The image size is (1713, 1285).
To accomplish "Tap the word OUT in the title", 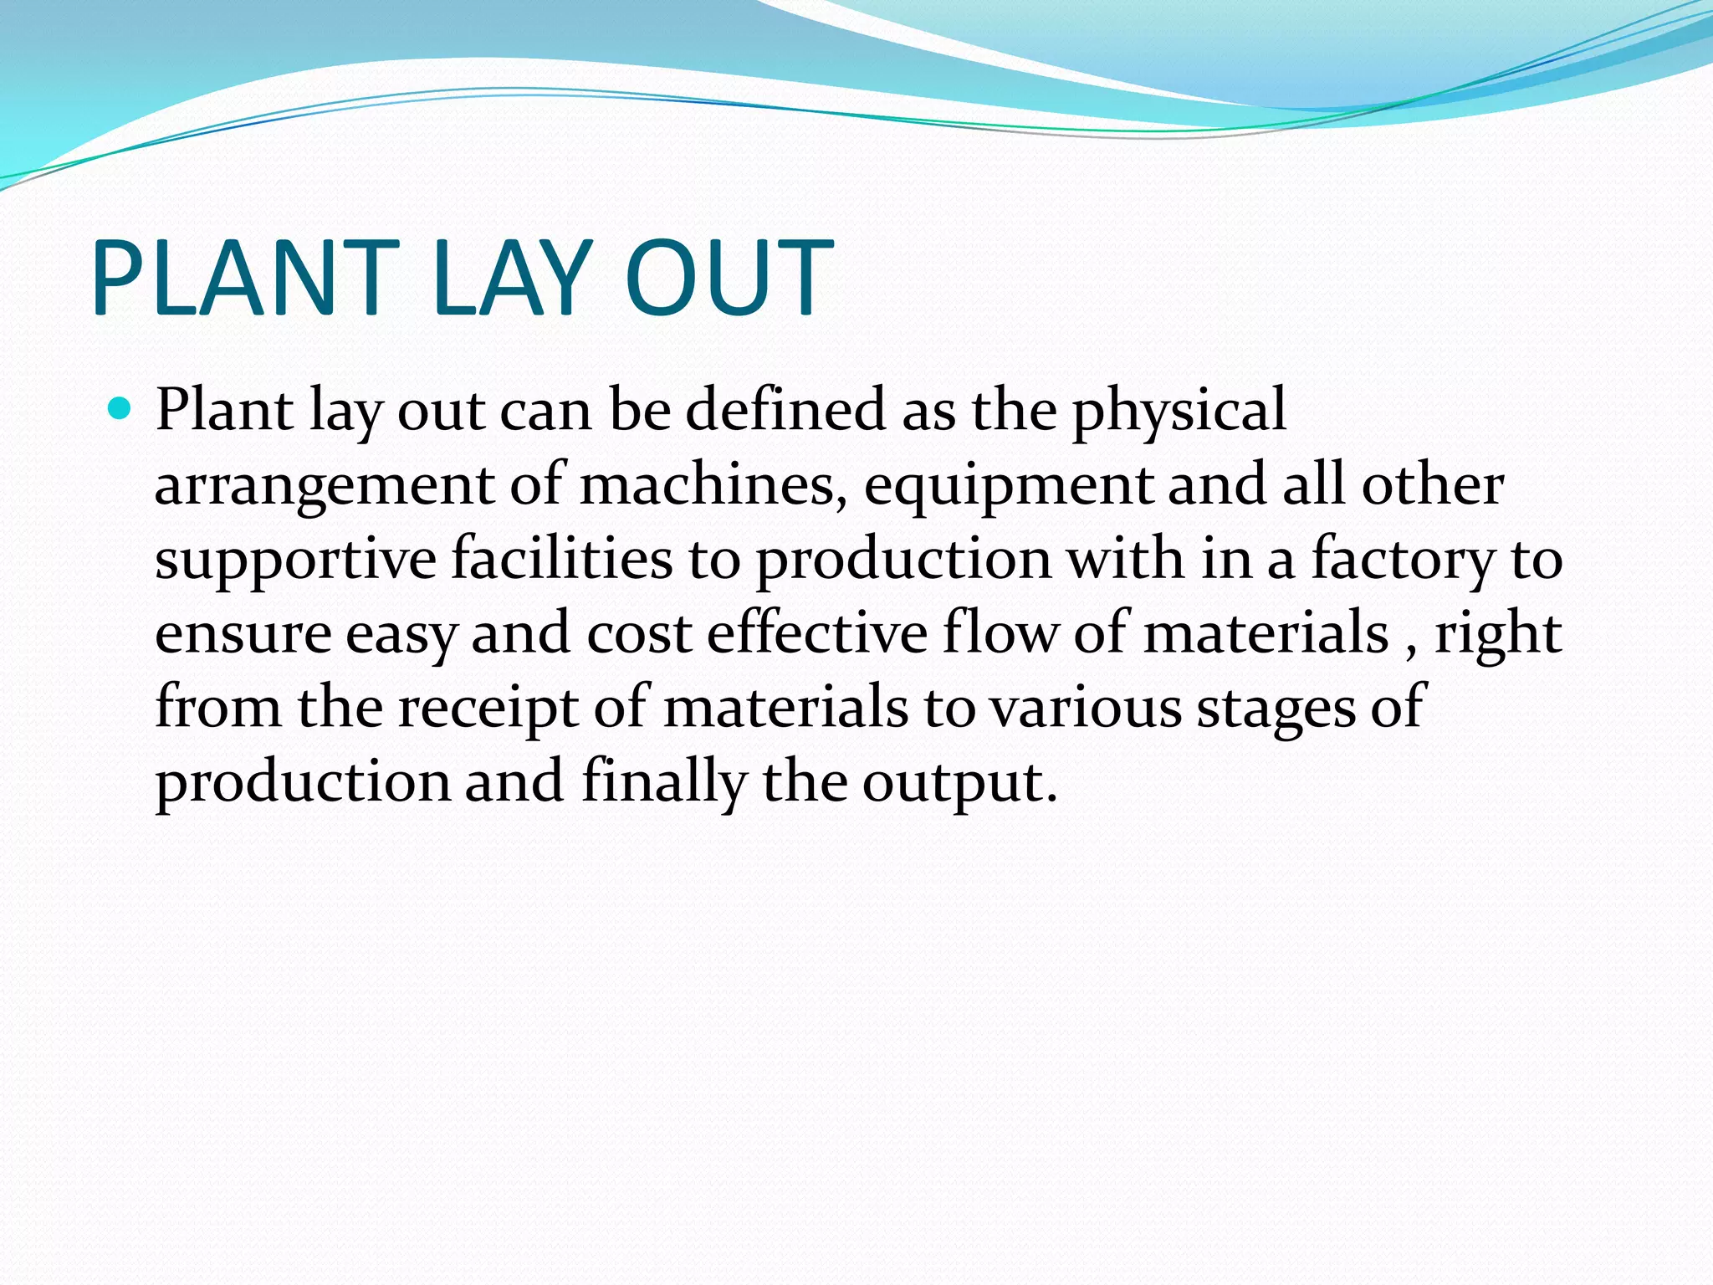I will [x=729, y=278].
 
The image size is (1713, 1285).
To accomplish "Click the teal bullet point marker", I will [x=120, y=409].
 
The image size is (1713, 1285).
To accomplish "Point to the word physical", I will [x=1179, y=412].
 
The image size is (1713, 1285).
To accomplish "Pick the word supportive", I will [x=295, y=561].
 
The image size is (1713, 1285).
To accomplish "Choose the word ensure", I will [x=243, y=634].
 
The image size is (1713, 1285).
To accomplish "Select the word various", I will [x=1086, y=707].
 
